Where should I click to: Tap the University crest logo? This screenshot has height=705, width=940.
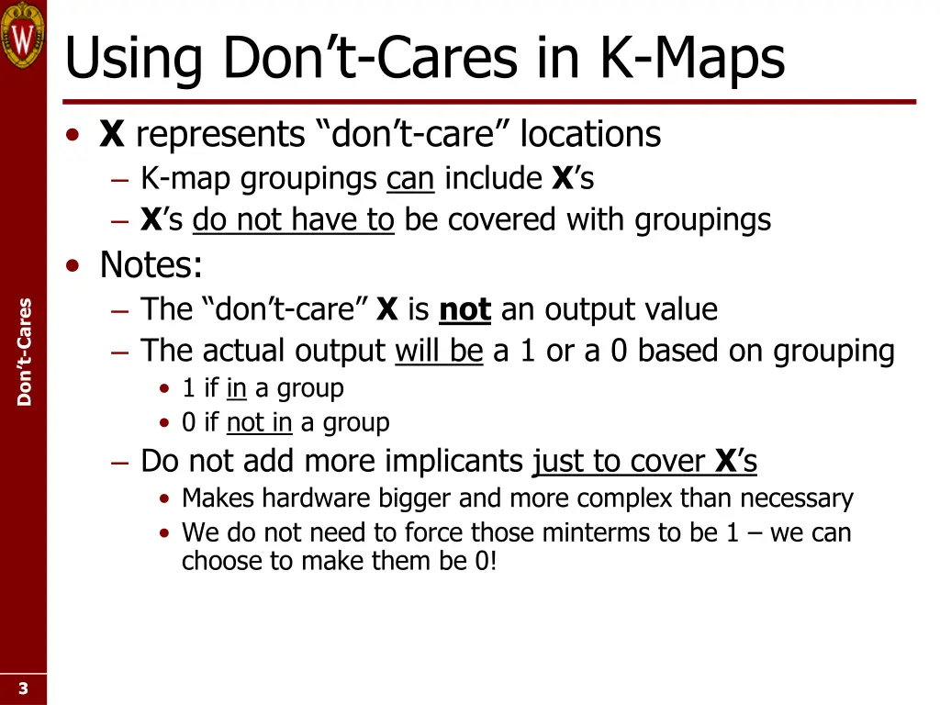pyautogui.click(x=22, y=33)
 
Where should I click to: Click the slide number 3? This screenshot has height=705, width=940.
pyautogui.click(x=23, y=688)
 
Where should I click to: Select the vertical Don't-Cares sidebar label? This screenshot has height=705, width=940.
pyautogui.click(x=24, y=352)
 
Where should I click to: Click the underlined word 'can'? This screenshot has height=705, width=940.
pyautogui.click(x=409, y=178)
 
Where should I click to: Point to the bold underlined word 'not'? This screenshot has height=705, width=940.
pyautogui.click(x=464, y=309)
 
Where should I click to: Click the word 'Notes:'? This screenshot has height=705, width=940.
pyautogui.click(x=151, y=265)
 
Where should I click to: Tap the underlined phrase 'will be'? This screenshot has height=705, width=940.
pyautogui.click(x=439, y=351)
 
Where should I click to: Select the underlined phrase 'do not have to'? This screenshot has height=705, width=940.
pyautogui.click(x=293, y=220)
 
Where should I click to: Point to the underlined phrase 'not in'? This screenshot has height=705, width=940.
pyautogui.click(x=259, y=423)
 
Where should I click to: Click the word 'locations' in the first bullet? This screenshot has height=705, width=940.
pyautogui.click(x=590, y=135)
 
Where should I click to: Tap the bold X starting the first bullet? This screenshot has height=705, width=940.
pyautogui.click(x=111, y=135)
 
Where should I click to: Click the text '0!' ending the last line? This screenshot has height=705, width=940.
pyautogui.click(x=486, y=561)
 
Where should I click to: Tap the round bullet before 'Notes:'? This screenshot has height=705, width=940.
pyautogui.click(x=73, y=266)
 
